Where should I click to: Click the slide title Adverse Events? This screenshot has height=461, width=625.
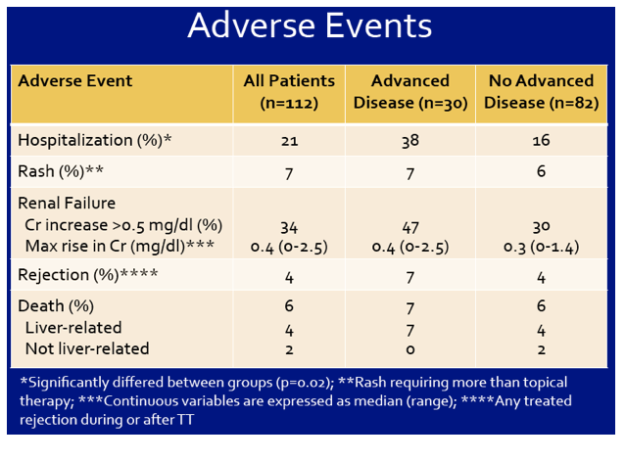coord(310,25)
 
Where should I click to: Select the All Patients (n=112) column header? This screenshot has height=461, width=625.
coord(289,92)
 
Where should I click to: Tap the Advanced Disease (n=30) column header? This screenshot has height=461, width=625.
coord(410,92)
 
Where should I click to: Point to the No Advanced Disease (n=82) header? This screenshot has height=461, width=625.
coord(542,92)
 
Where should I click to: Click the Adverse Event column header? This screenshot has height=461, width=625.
coord(74,81)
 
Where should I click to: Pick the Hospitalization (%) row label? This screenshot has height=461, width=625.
coord(95,141)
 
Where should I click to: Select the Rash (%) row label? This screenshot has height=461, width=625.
coord(61,171)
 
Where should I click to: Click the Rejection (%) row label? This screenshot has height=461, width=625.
coord(88,275)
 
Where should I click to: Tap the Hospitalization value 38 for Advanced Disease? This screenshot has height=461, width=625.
coord(410,141)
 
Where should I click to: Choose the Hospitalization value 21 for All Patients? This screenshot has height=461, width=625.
coord(289,141)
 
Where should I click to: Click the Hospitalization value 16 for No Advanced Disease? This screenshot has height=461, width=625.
coord(542,141)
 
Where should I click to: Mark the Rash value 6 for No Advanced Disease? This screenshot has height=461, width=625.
coord(541,171)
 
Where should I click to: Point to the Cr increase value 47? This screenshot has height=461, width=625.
coord(410,228)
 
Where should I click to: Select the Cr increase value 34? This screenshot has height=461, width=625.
coord(289,228)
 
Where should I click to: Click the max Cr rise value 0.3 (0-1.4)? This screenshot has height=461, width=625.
coord(542,248)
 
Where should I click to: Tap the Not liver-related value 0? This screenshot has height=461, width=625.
coord(410,350)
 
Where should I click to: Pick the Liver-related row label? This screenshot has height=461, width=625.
coord(73,328)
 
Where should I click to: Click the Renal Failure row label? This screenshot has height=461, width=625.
coord(67,203)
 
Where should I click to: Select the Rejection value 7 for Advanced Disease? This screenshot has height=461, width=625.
coord(410,277)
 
